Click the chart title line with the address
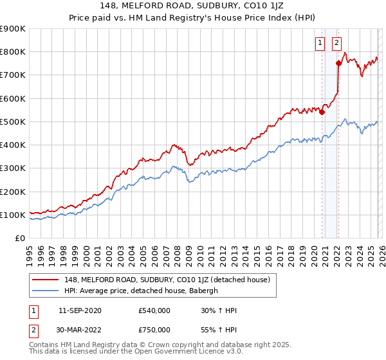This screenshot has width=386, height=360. (194, 5)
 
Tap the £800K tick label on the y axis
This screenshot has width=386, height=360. (12, 52)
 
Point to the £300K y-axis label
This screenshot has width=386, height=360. (12, 168)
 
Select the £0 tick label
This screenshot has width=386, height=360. (19, 239)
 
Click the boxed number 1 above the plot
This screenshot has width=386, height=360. (320, 43)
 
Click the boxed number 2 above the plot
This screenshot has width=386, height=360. (336, 43)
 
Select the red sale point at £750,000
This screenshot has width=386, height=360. (339, 63)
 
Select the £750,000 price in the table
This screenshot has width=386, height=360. (154, 330)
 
